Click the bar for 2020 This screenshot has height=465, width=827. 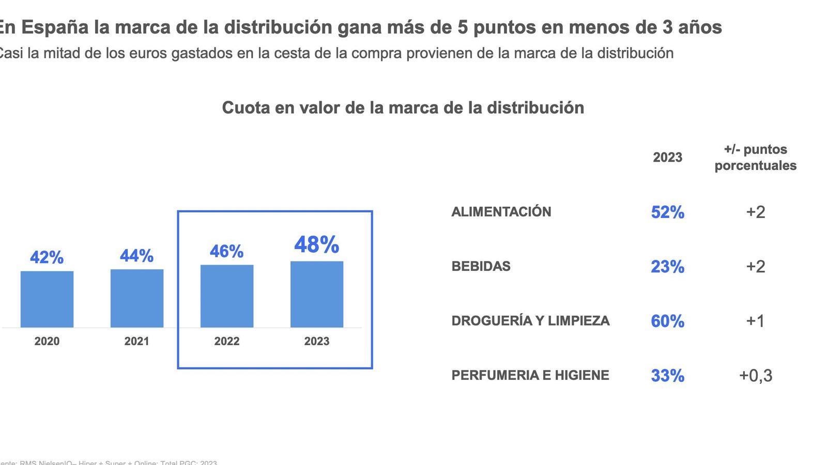click(47, 299)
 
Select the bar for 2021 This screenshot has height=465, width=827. click(137, 298)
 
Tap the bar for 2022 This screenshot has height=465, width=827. click(227, 296)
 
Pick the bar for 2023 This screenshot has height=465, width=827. click(317, 294)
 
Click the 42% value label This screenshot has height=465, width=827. click(47, 257)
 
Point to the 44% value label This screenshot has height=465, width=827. click(137, 256)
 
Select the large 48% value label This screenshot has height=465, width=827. click(317, 244)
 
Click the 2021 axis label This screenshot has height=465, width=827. click(137, 342)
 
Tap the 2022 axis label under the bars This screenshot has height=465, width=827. click(227, 342)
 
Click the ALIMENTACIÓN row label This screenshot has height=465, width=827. click(501, 212)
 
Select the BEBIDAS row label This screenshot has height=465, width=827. click(481, 267)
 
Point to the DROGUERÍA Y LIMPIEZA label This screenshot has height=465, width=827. click(531, 321)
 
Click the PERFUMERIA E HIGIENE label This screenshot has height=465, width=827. click(530, 375)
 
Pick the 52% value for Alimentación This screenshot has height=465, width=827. click(668, 212)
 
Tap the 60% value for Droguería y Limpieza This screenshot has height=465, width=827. click(668, 321)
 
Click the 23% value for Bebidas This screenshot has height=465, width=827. click(668, 267)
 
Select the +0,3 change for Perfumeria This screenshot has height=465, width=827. click(756, 376)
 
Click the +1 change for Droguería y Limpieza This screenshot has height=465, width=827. click(756, 321)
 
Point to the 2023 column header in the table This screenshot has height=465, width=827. click(668, 158)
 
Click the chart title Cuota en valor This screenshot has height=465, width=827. click(403, 108)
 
